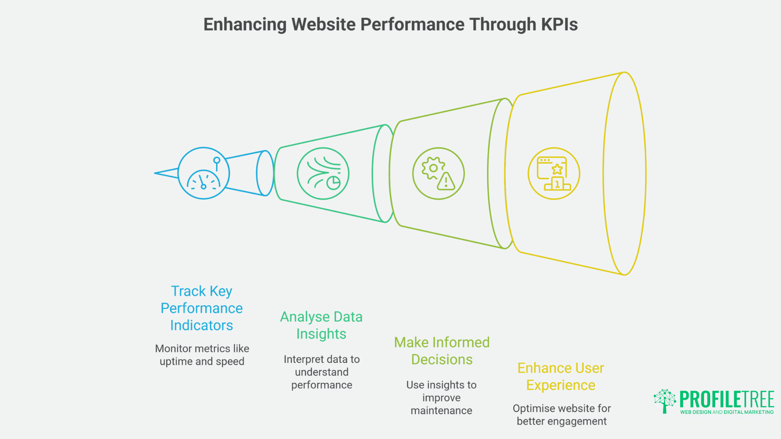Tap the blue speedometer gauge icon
coord(203,174)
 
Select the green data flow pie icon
coord(323,174)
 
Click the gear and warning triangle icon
coord(438,174)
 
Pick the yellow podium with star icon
coord(554,174)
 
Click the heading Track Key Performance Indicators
coord(201,308)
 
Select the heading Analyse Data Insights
coord(321,325)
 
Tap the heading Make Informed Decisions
coord(442,351)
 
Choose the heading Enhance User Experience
coord(561,376)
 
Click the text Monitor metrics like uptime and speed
coord(202,355)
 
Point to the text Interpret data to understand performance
coord(321,372)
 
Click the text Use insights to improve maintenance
coord(441,398)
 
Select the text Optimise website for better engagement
coord(561,415)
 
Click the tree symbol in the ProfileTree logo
coord(665,401)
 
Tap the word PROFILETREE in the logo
coord(726,399)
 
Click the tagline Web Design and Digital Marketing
coord(726,412)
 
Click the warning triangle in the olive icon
coord(446,183)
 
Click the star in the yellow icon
coord(557,169)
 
